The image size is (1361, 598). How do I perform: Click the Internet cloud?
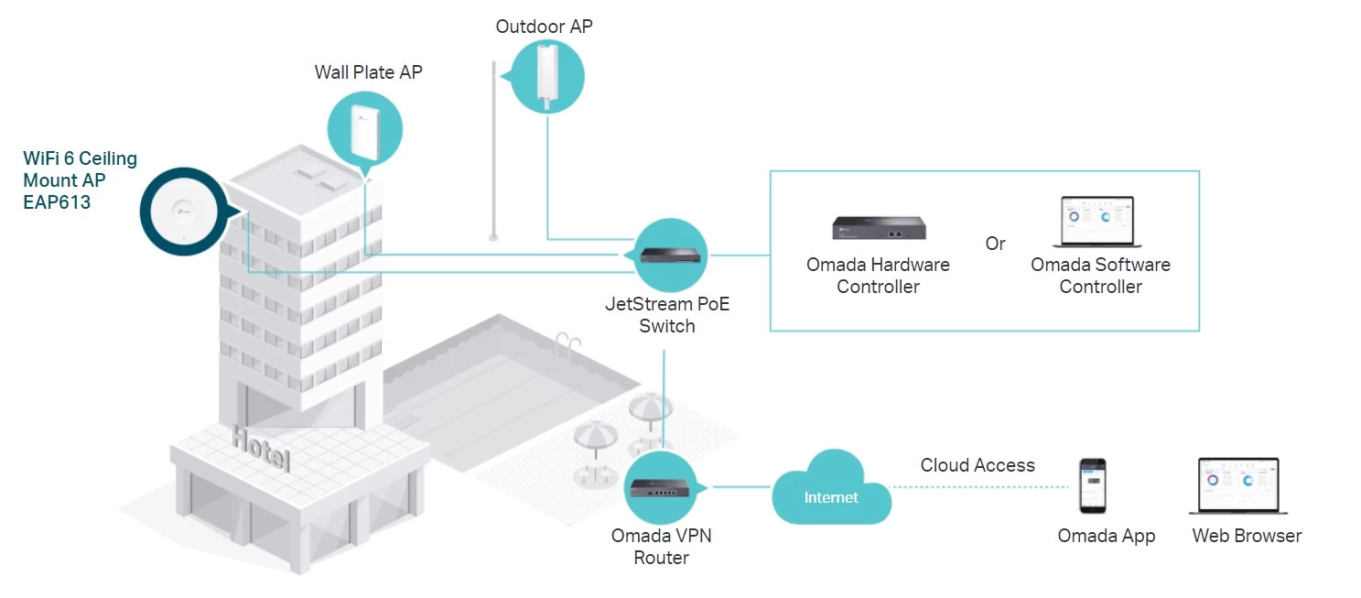pos(831,488)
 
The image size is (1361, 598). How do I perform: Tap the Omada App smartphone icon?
pos(1093,485)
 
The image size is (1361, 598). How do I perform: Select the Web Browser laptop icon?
pos(1238,485)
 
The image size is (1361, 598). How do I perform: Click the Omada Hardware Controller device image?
pos(879,228)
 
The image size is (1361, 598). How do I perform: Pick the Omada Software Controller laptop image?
pos(1097,222)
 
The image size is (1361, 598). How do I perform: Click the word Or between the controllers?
pos(995,244)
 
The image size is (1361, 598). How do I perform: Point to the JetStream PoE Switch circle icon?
pos(670,256)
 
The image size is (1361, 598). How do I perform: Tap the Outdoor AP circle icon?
pos(545,77)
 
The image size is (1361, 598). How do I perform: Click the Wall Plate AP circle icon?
pos(364,130)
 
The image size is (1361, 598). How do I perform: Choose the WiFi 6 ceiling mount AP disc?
pos(184,212)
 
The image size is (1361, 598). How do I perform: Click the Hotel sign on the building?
pos(261,448)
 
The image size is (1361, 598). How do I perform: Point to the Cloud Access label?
pos(977,465)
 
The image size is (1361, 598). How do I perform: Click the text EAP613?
pos(57,201)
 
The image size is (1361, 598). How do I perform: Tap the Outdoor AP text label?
pos(544,27)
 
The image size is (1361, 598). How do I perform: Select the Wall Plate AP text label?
pos(368,71)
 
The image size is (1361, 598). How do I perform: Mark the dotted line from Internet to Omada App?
pos(978,487)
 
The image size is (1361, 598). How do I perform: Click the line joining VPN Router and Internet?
pos(741,487)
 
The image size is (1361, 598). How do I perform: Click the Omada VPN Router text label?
pos(661,547)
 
